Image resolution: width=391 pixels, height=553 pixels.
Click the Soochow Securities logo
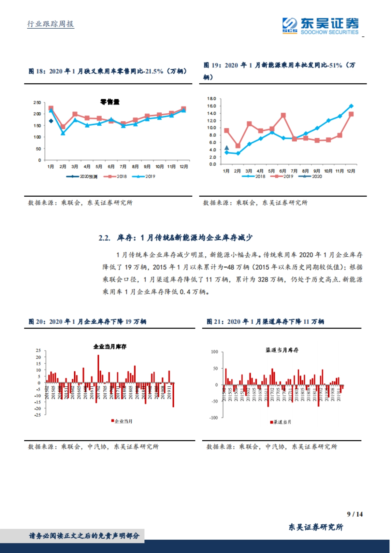point(320,26)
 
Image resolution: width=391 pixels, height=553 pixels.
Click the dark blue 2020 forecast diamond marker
point(51,121)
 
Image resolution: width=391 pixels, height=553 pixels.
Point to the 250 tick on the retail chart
point(37,103)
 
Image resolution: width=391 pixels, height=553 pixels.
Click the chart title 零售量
point(110,102)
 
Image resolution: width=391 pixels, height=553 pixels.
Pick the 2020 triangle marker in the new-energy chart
point(227,148)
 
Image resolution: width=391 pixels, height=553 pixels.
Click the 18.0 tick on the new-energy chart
point(211,99)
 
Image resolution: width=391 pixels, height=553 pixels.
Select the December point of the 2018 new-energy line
point(351,106)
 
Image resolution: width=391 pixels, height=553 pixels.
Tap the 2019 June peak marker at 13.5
point(283,116)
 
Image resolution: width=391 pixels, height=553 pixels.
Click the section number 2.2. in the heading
point(105,238)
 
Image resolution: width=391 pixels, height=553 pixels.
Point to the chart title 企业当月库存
point(110,347)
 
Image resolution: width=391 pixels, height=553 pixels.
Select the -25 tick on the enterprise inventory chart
point(38,415)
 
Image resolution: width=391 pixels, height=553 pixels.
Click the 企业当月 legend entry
point(122,421)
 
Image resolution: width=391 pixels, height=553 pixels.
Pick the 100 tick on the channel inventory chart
point(214,352)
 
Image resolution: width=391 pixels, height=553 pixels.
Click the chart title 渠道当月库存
point(282,350)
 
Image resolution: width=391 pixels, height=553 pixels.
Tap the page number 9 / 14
point(355,514)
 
